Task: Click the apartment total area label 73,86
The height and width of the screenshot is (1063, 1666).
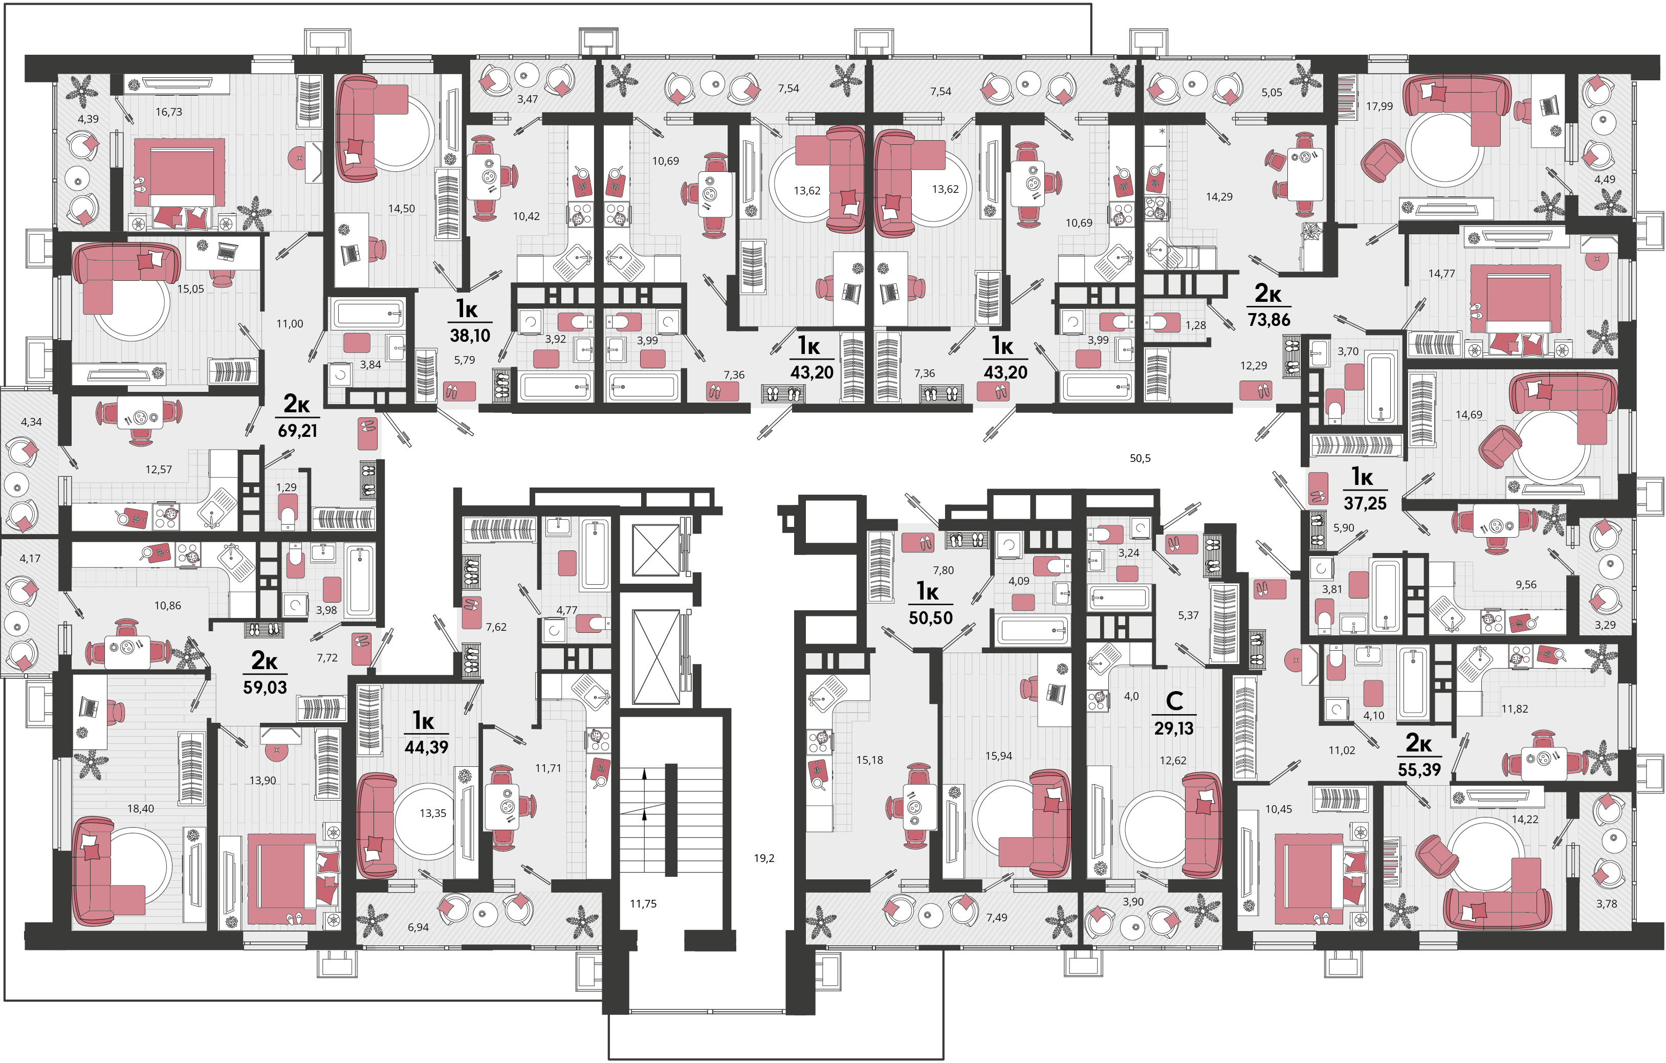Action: coord(1269,320)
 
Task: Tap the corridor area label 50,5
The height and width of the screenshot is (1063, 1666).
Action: coord(1140,458)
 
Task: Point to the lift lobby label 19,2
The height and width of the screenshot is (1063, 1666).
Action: coord(764,858)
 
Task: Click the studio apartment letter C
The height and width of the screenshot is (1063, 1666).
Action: coord(1174,701)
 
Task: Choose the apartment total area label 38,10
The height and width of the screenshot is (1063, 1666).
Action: coord(470,336)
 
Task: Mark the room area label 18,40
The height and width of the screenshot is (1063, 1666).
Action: coord(140,808)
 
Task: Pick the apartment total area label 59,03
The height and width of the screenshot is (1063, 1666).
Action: coord(265,687)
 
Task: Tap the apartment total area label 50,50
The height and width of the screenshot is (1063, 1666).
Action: coord(931,617)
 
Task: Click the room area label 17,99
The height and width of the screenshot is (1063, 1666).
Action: coord(1379,106)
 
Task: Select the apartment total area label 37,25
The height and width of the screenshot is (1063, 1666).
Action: coord(1365,503)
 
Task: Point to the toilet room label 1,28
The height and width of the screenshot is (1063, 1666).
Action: coord(1196,325)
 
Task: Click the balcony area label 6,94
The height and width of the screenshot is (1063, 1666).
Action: coord(418,927)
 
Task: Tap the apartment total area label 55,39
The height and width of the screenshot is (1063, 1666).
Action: coord(1419,769)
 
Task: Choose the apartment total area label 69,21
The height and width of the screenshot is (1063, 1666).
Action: coord(297,430)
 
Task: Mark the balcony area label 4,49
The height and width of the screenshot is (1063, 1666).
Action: coord(1605,179)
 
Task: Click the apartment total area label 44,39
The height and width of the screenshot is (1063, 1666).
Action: coord(426,747)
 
